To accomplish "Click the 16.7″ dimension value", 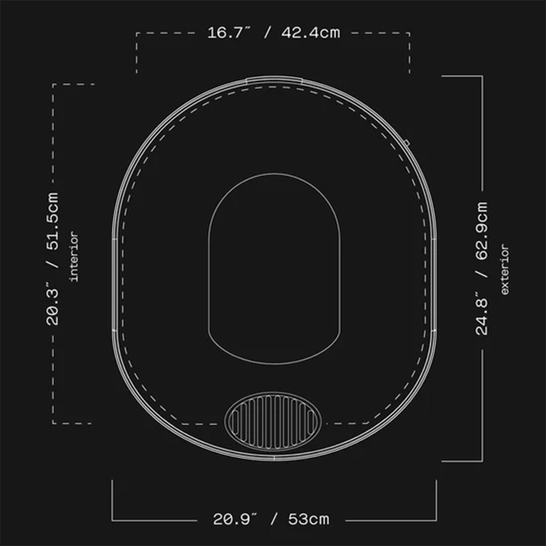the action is [x=229, y=32].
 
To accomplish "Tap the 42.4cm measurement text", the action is [x=310, y=33].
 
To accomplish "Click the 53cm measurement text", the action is [x=309, y=519].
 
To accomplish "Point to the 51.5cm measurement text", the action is [x=52, y=221].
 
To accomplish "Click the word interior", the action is [x=74, y=257].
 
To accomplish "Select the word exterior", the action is [x=505, y=269].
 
